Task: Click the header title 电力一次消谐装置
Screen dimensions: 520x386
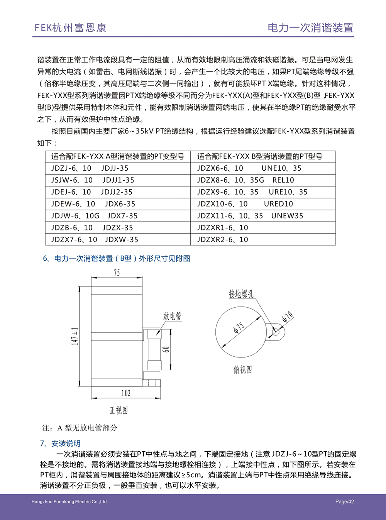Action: coord(310,28)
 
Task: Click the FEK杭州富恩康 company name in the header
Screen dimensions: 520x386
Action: coord(70,28)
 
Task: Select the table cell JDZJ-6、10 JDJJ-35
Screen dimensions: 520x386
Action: coord(118,168)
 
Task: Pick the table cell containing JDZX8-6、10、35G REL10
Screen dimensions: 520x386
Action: coord(263,180)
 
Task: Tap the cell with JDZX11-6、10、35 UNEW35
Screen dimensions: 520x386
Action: coord(263,216)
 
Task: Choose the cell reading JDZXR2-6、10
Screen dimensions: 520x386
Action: coord(263,240)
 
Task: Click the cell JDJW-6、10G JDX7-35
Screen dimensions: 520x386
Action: coord(118,216)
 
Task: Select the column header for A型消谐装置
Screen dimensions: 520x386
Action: coord(118,156)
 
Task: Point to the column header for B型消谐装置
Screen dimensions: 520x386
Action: coord(263,156)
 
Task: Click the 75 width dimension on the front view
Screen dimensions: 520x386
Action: coord(117,273)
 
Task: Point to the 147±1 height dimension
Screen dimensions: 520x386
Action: coord(75,336)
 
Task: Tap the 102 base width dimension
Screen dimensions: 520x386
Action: coord(126,393)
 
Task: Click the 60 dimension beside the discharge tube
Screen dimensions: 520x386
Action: coord(166,349)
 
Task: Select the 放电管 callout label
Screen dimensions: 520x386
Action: coord(172,316)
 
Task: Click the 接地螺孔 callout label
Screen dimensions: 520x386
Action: coord(241,294)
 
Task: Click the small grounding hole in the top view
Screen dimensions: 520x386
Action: coord(276,332)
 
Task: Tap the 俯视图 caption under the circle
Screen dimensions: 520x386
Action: coord(242,370)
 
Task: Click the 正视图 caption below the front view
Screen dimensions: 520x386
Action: coord(119,410)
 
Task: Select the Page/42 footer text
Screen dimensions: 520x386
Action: coord(344,502)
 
